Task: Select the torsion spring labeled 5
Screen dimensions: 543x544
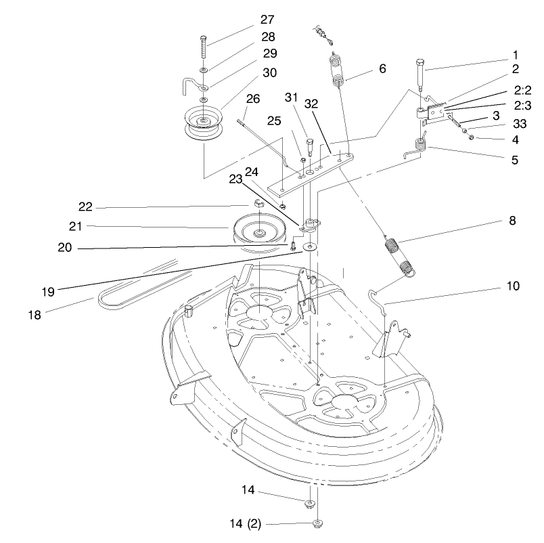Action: tap(417, 146)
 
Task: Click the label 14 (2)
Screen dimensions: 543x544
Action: tap(248, 523)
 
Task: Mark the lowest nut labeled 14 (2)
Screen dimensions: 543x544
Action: tap(317, 523)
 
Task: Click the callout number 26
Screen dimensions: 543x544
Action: tap(252, 99)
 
